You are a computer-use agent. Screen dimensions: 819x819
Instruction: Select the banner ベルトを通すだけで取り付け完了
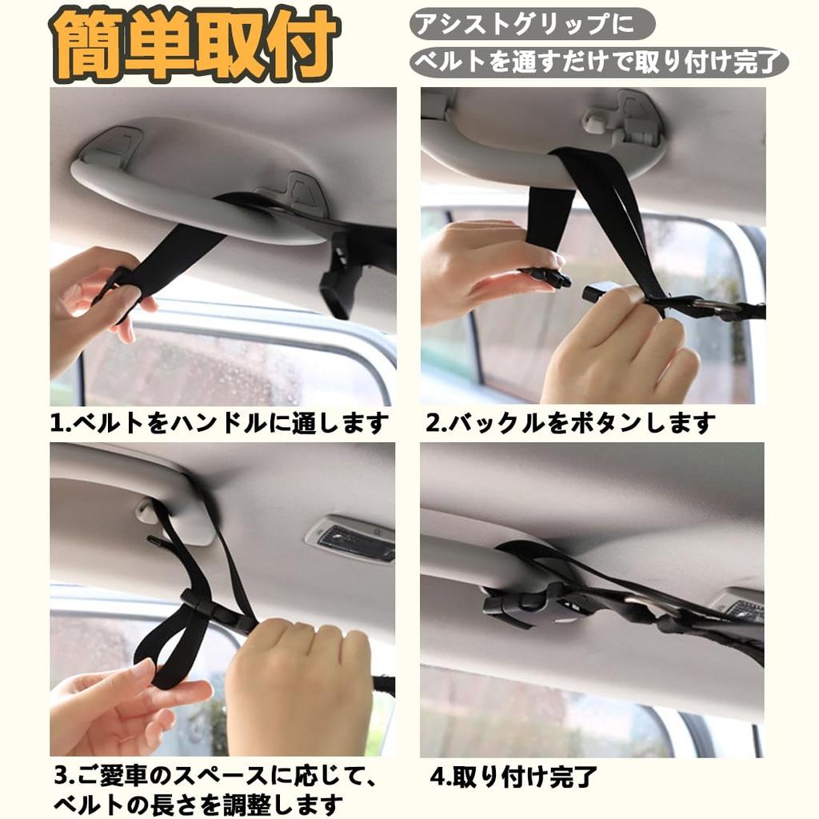[x=598, y=62]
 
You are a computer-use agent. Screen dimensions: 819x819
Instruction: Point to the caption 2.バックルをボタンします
[x=569, y=422]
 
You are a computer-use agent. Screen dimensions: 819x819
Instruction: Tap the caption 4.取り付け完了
[x=513, y=776]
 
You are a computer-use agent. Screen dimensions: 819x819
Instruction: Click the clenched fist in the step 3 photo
[x=300, y=684]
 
